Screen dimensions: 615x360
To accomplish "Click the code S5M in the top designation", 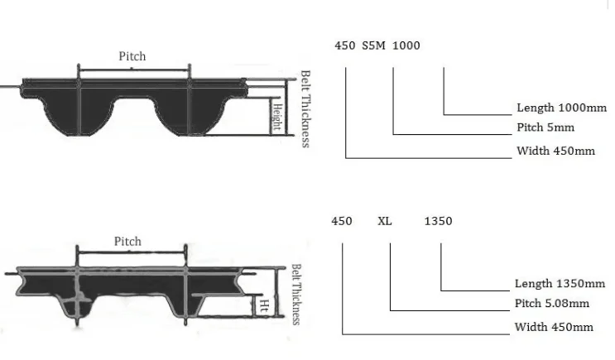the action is click(x=373, y=46).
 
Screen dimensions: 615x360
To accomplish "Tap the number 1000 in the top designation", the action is click(x=406, y=46).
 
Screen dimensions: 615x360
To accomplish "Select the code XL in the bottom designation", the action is click(x=384, y=221).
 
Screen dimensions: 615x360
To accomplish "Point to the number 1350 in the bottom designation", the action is click(x=438, y=221).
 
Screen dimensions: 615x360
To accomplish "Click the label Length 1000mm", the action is click(x=561, y=108).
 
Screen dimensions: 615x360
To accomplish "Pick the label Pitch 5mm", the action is click(x=545, y=127).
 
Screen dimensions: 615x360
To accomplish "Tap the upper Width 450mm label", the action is click(x=555, y=151).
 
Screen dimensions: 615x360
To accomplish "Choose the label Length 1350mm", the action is click(x=560, y=284).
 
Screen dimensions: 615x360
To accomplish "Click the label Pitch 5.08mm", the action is click(x=551, y=303).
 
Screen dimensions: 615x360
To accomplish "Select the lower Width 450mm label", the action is click(x=554, y=327).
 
